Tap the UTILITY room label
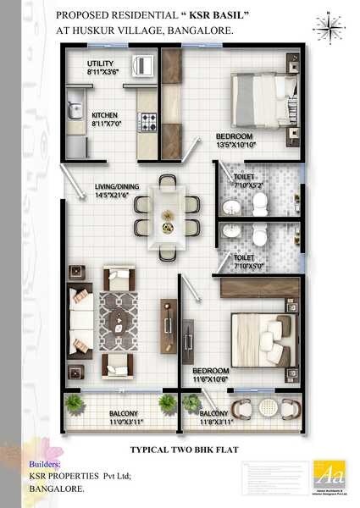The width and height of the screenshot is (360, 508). click(101, 63)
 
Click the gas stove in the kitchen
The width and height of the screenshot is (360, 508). click(147, 124)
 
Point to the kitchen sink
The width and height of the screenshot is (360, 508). click(75, 110)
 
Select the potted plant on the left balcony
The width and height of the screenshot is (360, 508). click(75, 401)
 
